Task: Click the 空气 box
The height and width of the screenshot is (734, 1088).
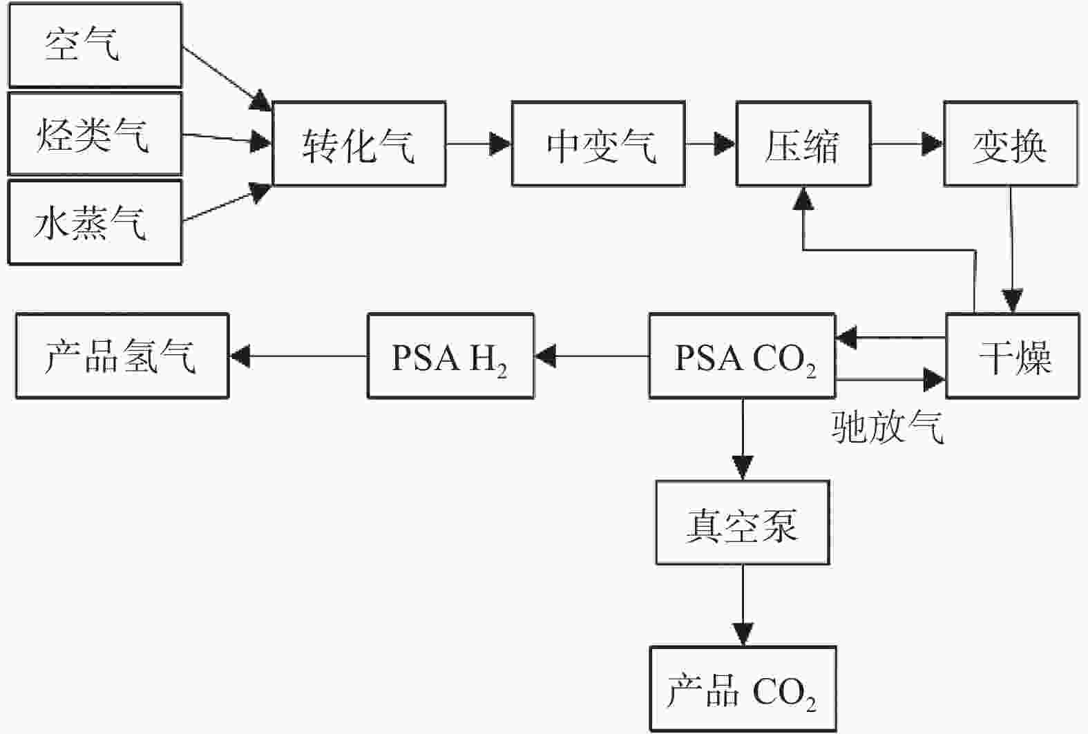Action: coord(95,45)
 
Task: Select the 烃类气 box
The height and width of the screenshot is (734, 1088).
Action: coord(95,134)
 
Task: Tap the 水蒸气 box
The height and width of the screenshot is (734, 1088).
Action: coord(95,222)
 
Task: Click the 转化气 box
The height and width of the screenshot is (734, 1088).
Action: coord(359,144)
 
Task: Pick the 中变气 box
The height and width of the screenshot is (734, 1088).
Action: coord(598,144)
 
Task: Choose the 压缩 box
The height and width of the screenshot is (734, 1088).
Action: coord(803,144)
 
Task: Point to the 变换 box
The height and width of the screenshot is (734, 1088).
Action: coord(1011,144)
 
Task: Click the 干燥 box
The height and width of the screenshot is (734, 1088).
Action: coord(1013,356)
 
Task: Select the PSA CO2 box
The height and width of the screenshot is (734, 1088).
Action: coord(742,356)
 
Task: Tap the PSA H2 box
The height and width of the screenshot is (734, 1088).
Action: coord(450,356)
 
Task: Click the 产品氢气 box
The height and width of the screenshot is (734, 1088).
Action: coord(122,356)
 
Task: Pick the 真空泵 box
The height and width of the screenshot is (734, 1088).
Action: coord(742,522)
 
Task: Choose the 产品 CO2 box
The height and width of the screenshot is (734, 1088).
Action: coord(743,688)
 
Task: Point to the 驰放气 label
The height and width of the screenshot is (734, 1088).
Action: coord(888,427)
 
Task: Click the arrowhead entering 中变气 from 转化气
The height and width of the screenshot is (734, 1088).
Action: coord(500,144)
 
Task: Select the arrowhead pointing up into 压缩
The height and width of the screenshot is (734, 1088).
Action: coord(803,198)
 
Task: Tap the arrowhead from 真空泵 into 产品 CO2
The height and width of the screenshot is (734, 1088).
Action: coord(743,635)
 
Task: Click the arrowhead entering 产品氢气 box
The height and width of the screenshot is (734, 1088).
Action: coord(240,356)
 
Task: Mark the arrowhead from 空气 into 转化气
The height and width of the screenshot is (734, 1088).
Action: coord(260,101)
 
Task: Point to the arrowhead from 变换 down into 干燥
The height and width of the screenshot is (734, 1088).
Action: coord(1013,301)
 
